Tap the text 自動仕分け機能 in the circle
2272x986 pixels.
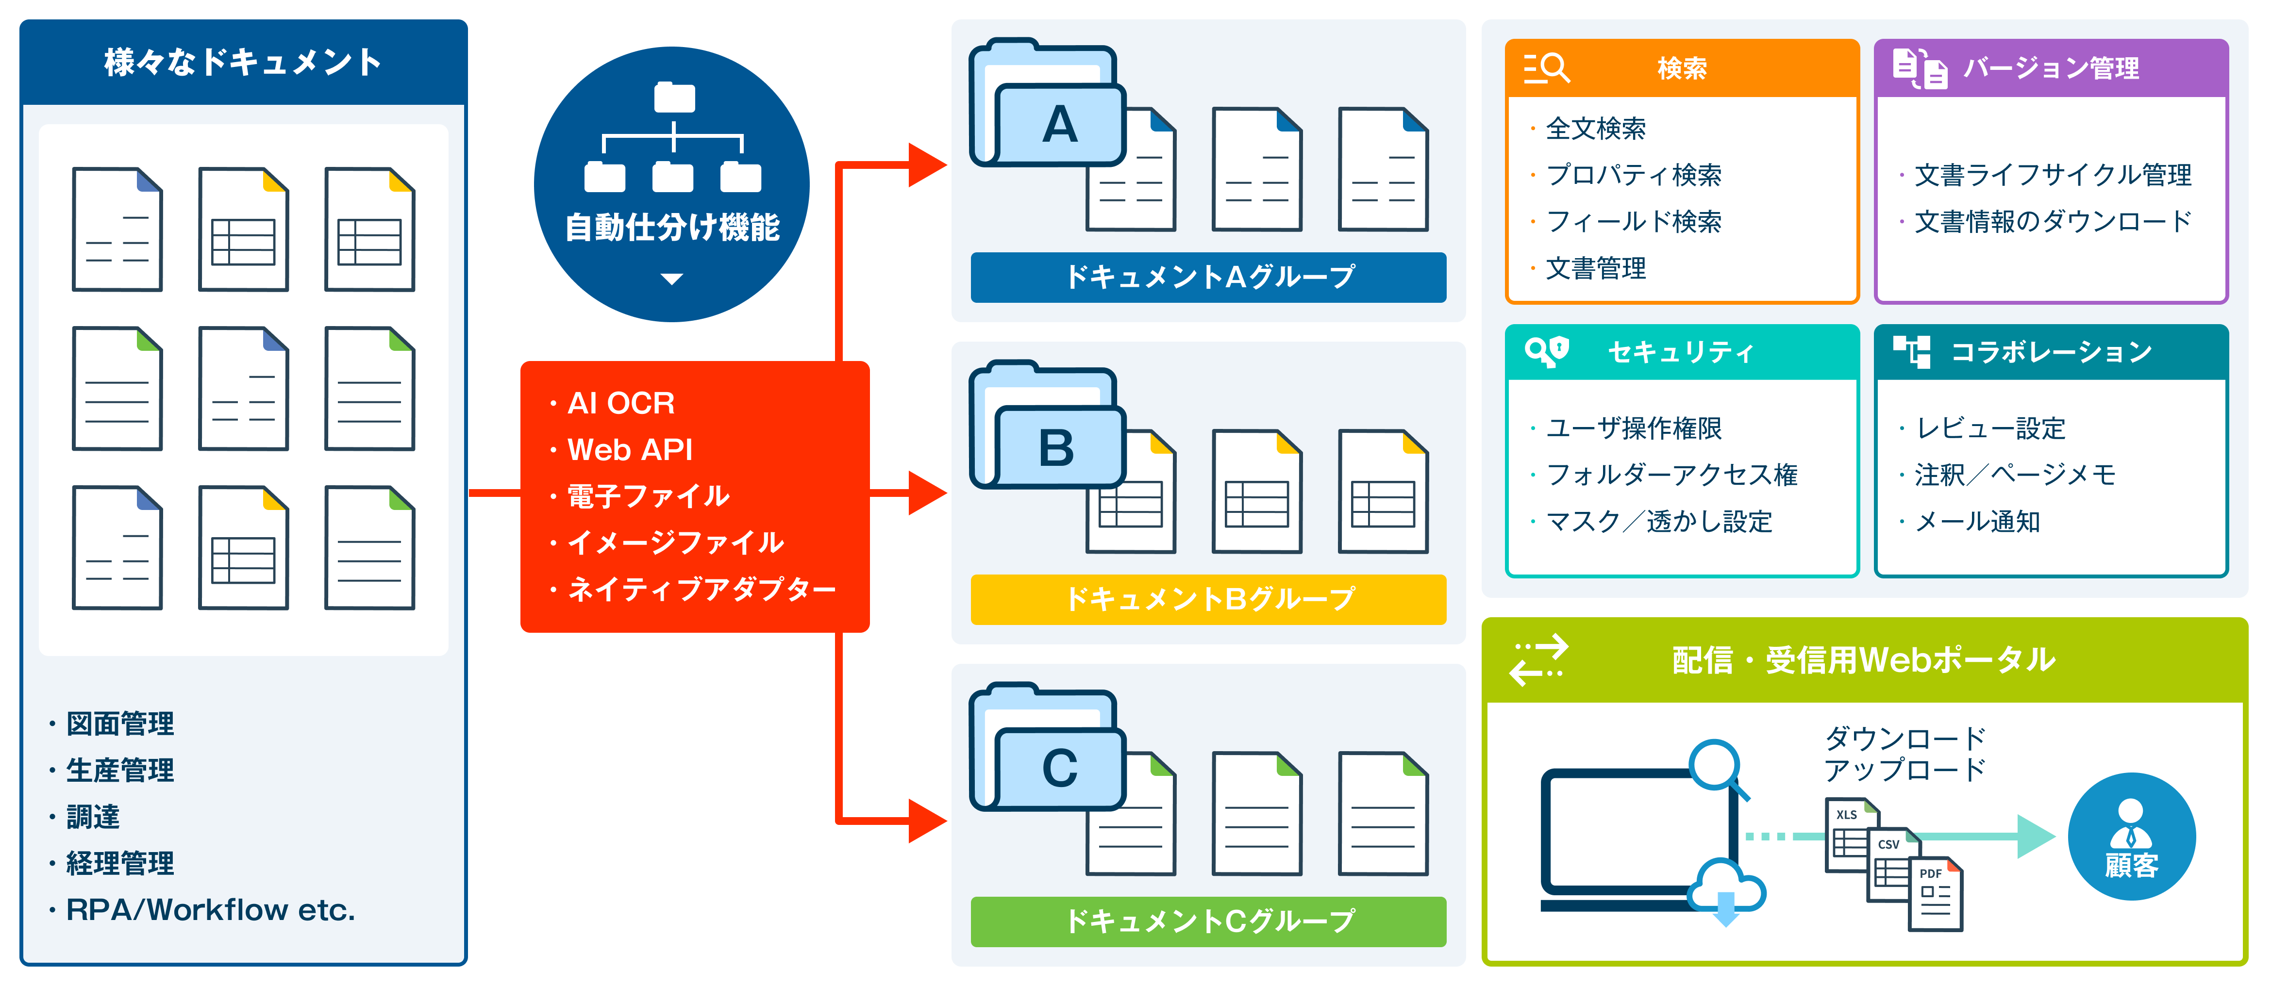(672, 228)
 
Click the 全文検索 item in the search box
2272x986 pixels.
(1596, 129)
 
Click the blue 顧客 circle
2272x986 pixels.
(2131, 836)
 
